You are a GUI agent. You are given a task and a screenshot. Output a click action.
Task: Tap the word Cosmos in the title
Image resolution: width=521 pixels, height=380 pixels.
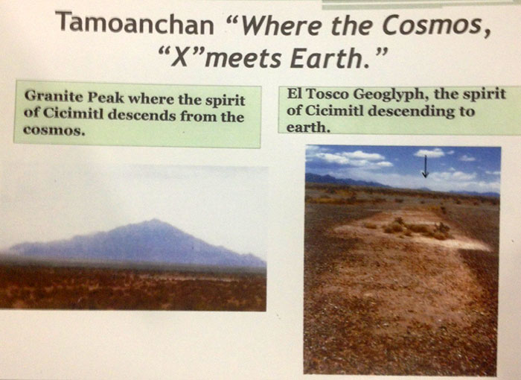(x=435, y=25)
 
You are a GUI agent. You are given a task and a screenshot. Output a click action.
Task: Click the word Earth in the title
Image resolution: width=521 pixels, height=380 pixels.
(x=330, y=58)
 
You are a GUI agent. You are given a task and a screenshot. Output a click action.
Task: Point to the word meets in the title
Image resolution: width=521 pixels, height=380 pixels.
(x=245, y=59)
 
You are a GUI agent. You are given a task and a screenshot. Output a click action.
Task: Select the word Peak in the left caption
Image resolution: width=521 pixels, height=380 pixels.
(x=106, y=98)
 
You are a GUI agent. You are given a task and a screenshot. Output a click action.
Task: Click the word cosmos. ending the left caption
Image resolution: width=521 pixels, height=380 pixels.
(x=53, y=130)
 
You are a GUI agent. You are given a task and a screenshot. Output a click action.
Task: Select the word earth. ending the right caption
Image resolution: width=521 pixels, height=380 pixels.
(x=308, y=127)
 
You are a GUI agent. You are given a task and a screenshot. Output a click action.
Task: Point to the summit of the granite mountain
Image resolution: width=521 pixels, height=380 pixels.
(x=154, y=220)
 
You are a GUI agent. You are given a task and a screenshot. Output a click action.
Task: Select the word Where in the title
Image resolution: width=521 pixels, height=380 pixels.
(x=279, y=25)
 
